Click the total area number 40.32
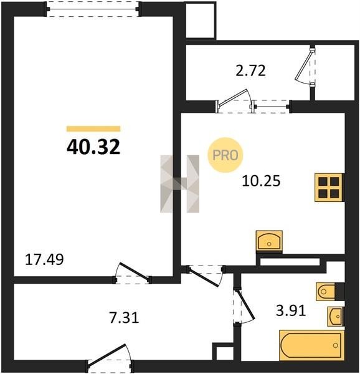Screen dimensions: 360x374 93,147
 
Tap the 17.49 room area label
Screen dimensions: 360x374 44,259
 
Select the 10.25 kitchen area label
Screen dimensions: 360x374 261,181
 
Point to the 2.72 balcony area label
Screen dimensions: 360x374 250,71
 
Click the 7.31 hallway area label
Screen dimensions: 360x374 124,318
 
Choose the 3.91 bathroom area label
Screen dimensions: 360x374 291,311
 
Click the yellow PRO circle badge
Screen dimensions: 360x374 225,155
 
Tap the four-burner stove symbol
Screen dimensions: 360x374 329,188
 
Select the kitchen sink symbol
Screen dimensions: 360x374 269,241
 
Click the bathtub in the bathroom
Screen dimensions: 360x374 311,345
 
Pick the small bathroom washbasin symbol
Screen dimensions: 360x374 336,316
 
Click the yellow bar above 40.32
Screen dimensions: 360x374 93,129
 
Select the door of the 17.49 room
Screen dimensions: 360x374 133,274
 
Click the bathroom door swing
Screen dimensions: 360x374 244,306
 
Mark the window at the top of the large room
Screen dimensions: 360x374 93,9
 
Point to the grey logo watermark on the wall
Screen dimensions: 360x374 180,184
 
